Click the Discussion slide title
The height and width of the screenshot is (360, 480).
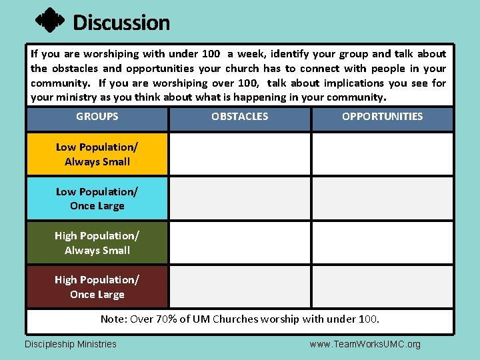(121, 23)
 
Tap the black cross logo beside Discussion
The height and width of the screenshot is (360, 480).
(49, 21)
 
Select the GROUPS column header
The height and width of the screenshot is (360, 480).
(97, 117)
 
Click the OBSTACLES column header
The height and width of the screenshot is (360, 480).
(239, 117)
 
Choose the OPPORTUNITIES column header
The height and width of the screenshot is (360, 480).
(382, 117)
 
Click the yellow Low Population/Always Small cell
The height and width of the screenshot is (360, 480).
(97, 154)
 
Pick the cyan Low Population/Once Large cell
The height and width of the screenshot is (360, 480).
(97, 199)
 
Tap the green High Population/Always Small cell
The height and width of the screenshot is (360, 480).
(97, 243)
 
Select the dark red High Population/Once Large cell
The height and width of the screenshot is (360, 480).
(97, 287)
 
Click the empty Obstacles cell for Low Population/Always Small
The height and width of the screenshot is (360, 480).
(239, 154)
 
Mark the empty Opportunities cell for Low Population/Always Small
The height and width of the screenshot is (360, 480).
(382, 154)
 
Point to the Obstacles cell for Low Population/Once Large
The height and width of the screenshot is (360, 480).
(239, 199)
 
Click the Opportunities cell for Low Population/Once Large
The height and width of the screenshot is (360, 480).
(382, 199)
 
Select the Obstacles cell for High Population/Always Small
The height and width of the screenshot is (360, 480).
(239, 243)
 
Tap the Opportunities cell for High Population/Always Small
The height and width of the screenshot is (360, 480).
(382, 243)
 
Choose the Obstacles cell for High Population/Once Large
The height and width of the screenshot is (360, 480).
(239, 287)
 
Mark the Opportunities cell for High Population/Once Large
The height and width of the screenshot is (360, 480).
(382, 287)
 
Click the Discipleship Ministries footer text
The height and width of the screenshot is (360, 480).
(71, 344)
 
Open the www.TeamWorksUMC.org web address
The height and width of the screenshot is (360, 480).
(365, 344)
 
